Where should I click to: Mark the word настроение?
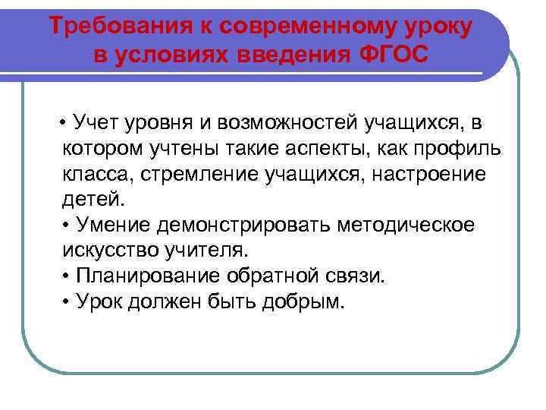(419, 175)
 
